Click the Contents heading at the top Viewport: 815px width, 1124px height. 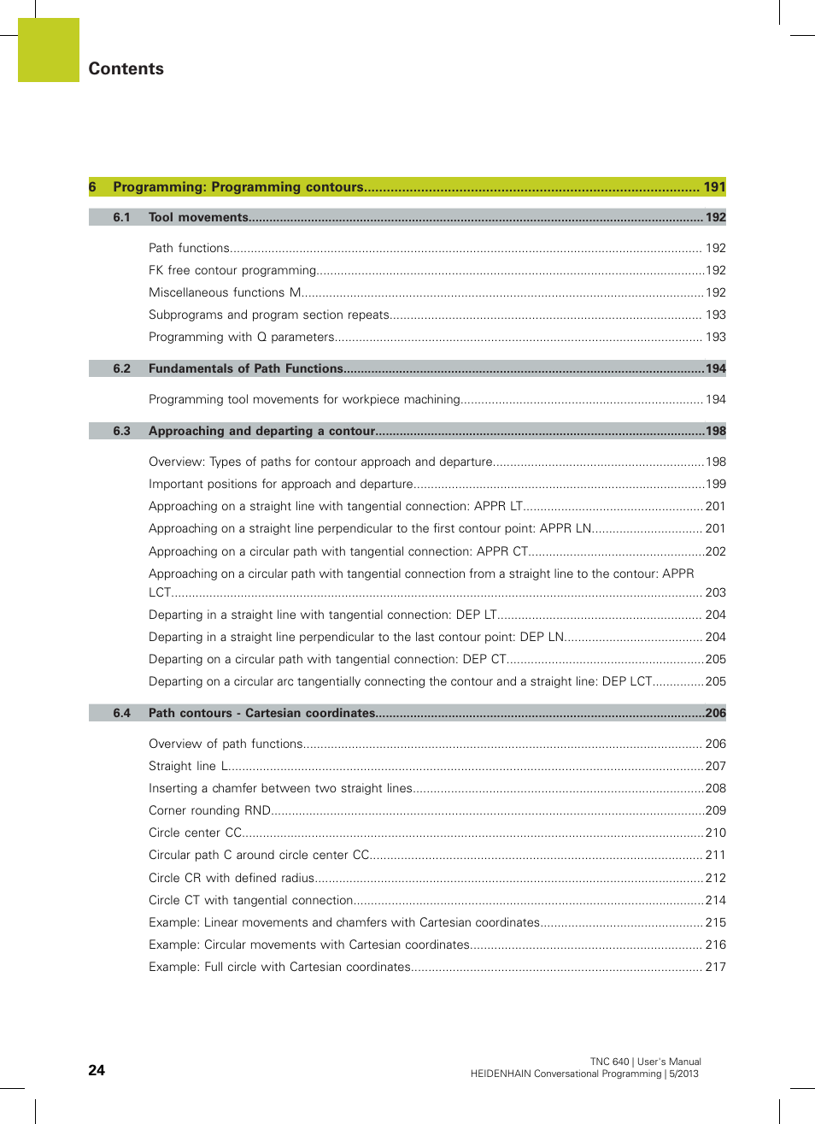[126, 69]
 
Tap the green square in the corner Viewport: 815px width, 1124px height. [49, 50]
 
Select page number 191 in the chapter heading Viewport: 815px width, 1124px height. [714, 187]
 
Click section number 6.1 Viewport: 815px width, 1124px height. [121, 218]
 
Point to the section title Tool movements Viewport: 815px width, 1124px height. [198, 218]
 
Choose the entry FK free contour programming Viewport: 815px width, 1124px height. [232, 271]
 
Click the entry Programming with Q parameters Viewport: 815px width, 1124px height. [241, 338]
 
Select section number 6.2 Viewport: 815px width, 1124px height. [121, 369]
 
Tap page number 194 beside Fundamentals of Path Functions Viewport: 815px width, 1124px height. [715, 369]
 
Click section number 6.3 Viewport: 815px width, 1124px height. [121, 432]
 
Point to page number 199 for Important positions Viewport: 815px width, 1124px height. [715, 485]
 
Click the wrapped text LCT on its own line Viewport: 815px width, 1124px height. [160, 593]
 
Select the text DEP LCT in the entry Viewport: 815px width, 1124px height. [627, 682]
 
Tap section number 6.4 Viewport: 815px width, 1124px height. [121, 714]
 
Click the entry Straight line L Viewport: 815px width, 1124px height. [188, 767]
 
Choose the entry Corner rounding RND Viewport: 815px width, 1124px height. [209, 811]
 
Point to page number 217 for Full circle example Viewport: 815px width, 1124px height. [715, 968]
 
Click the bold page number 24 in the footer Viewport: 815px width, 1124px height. [97, 1070]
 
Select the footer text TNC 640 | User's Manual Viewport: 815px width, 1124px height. [645, 1062]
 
